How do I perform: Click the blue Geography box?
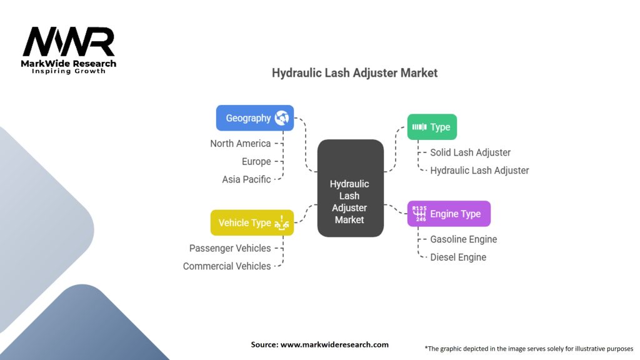click(x=254, y=118)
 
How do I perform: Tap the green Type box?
click(x=432, y=127)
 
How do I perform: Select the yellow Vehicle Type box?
click(x=252, y=222)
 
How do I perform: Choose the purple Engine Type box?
click(x=449, y=214)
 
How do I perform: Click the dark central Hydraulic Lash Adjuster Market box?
click(x=350, y=188)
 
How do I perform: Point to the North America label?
click(x=241, y=144)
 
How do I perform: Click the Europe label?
click(x=256, y=161)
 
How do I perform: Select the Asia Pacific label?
click(x=246, y=179)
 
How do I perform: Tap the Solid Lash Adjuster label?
click(x=470, y=152)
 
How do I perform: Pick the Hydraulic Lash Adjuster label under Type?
click(x=479, y=170)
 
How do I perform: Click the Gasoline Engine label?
click(x=464, y=239)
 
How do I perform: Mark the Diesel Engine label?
click(x=458, y=257)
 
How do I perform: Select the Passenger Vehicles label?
click(x=230, y=248)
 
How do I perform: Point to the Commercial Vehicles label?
click(x=227, y=266)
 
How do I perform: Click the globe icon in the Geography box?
click(x=281, y=117)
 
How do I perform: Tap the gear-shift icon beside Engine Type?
click(x=419, y=214)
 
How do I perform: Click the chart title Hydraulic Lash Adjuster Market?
click(x=354, y=73)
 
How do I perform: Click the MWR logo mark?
click(x=69, y=42)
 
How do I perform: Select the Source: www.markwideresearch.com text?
click(x=319, y=344)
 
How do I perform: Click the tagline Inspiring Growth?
click(x=69, y=71)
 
